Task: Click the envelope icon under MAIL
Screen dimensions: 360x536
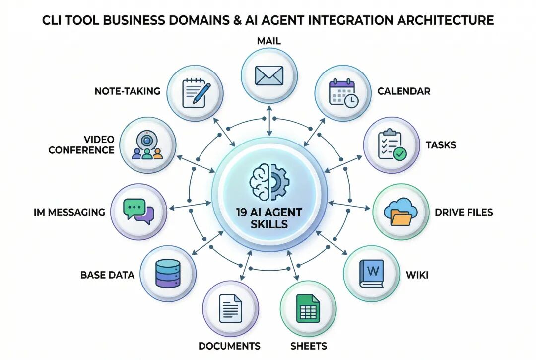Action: click(269, 75)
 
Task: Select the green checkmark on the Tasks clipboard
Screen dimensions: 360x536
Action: click(400, 154)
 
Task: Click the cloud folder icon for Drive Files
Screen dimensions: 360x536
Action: click(401, 212)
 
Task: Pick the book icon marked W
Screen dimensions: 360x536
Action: click(371, 273)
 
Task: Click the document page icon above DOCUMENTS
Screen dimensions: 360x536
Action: click(230, 308)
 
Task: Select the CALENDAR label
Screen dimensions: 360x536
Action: click(403, 91)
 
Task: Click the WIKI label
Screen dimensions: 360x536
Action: click(416, 275)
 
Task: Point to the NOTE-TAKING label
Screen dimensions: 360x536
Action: click(128, 91)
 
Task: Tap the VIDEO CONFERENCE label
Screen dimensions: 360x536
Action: click(81, 144)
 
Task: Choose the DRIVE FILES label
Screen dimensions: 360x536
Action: click(464, 213)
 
